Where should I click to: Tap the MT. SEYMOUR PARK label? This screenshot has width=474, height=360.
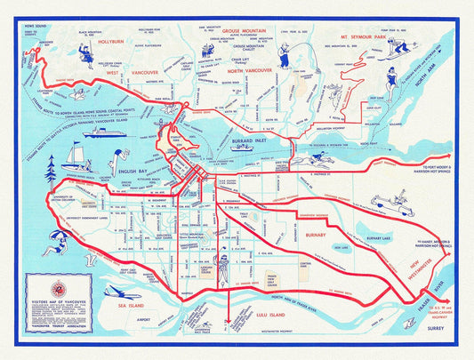click(356, 39)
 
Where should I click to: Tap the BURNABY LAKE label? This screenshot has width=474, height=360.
click(360, 237)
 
